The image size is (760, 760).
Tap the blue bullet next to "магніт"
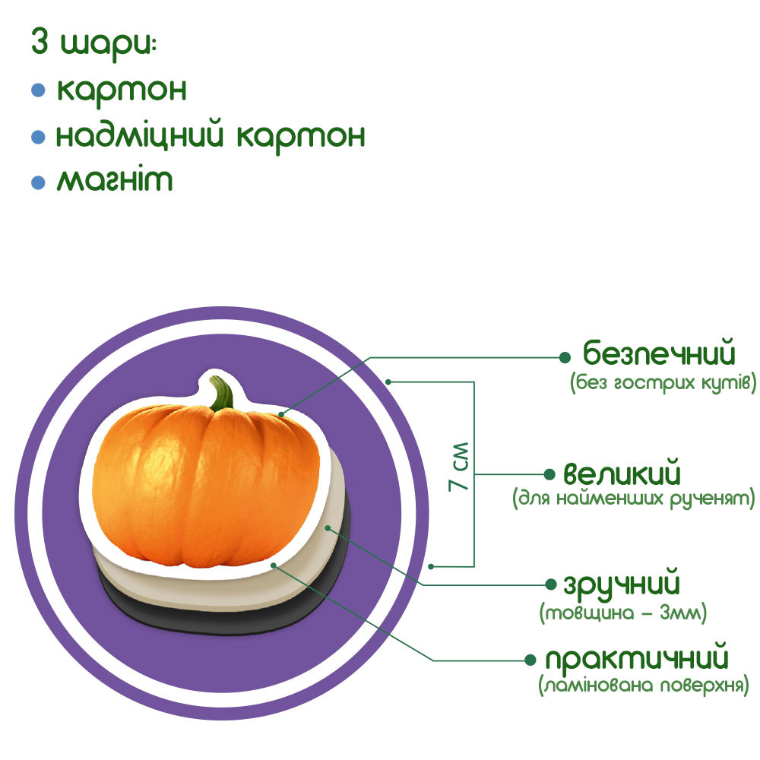click(38, 182)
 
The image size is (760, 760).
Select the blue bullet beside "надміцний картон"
click(38, 137)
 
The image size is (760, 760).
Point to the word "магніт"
click(114, 181)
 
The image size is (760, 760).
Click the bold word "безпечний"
click(660, 354)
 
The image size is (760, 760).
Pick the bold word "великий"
click(622, 475)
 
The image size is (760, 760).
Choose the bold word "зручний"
click(621, 586)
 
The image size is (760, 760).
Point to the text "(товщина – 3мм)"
click(623, 613)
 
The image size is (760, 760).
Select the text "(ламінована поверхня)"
click(643, 686)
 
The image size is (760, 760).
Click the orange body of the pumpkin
click(205, 486)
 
